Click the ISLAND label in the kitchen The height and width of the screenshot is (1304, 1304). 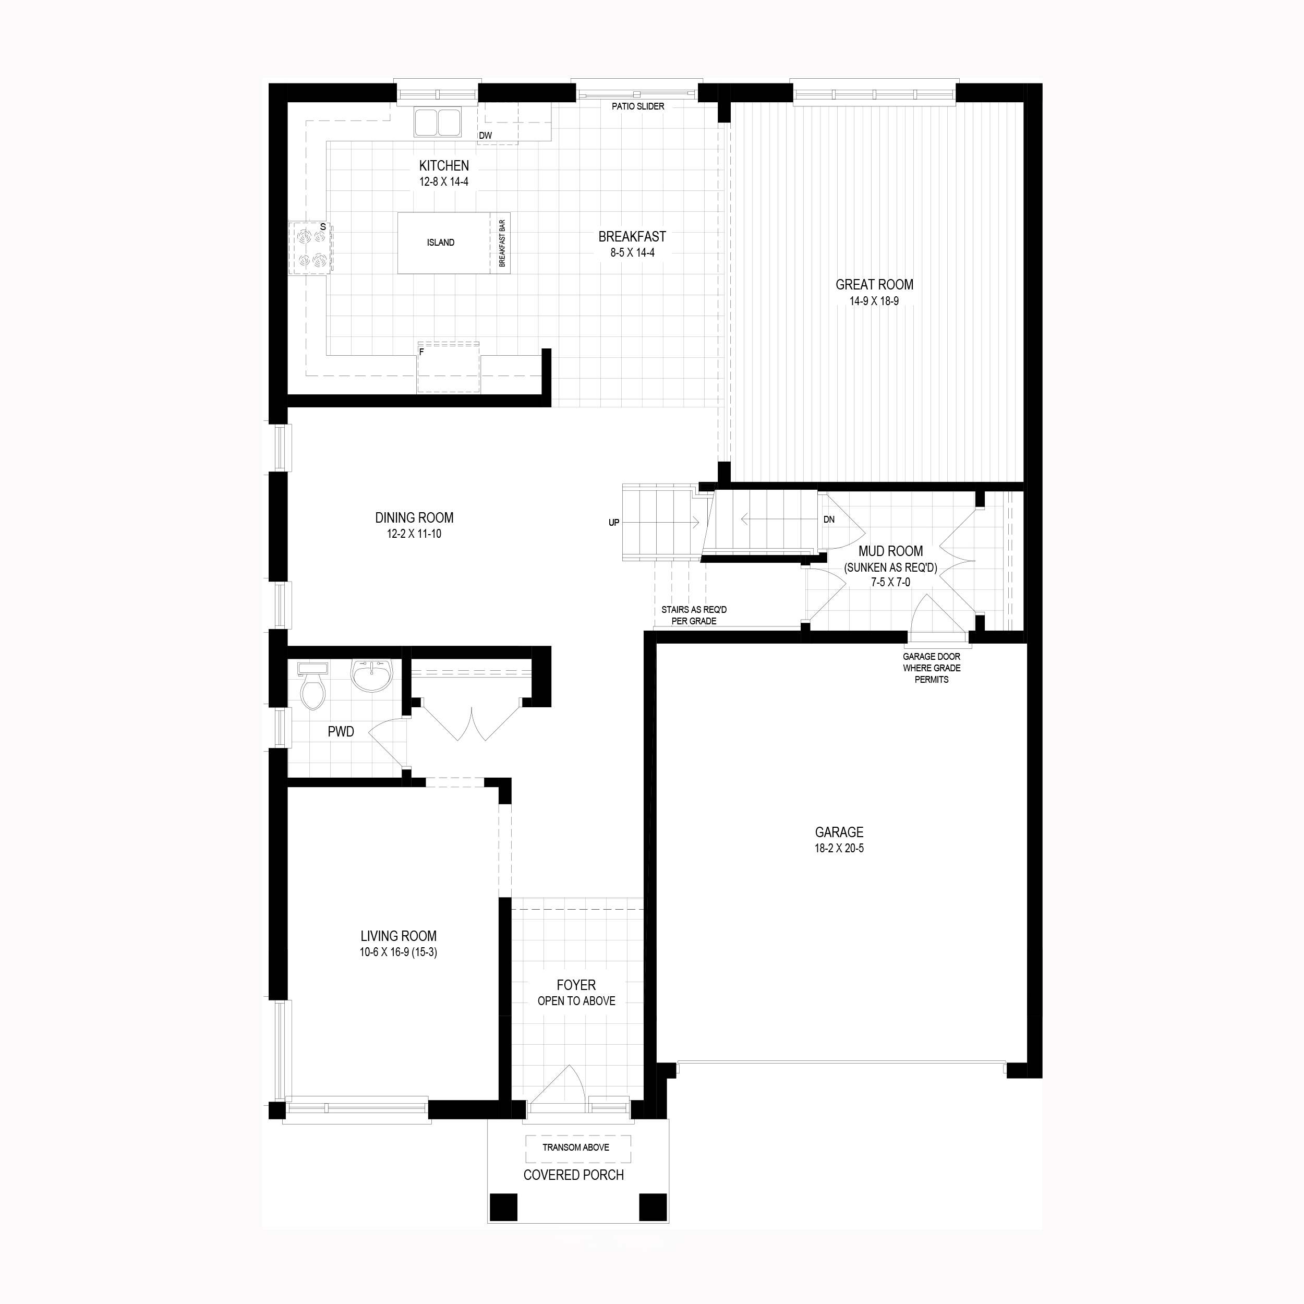point(441,243)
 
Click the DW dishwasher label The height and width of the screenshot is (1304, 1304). point(485,135)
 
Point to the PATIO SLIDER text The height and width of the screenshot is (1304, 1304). point(638,106)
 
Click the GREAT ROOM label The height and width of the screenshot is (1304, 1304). point(874,285)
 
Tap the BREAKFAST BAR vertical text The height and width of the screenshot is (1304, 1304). point(502,243)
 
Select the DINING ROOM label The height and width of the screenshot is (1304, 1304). point(415,517)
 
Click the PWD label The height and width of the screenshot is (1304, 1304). point(341,732)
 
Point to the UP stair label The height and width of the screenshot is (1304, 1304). point(613,523)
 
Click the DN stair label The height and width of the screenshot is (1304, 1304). point(829,520)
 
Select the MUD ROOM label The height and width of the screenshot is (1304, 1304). point(890,551)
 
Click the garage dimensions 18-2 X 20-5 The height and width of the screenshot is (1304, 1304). point(839,849)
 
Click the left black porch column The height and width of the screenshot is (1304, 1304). point(503,1207)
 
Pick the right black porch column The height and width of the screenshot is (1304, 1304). point(653,1207)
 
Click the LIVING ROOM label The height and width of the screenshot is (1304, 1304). point(398,936)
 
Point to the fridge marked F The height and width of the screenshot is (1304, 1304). point(448,367)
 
